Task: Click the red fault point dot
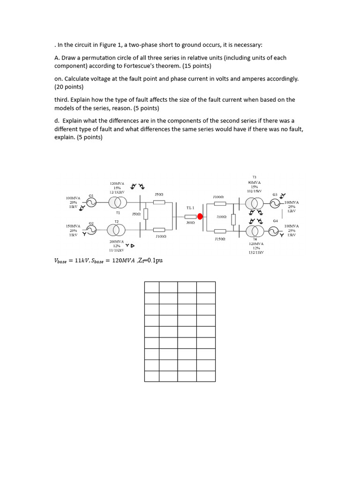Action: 200,217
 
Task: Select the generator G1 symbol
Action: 91,202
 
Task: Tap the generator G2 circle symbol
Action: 91,230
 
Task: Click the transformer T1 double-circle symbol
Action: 117,202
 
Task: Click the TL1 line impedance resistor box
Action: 190,217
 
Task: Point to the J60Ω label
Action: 190,223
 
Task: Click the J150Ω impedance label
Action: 220,239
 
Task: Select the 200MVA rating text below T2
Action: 117,241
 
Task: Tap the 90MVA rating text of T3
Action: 255,182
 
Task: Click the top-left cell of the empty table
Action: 152,287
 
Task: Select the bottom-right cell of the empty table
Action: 206,376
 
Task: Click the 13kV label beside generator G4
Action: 292,235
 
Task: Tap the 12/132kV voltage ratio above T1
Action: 117,192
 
